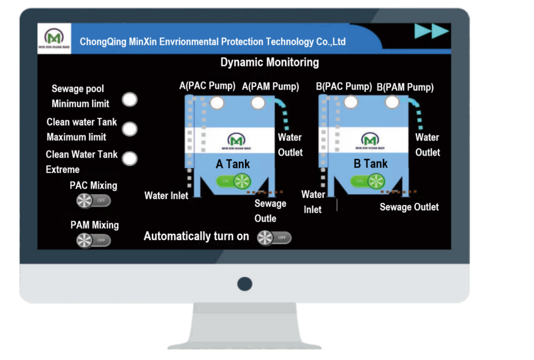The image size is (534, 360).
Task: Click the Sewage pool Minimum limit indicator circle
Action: (x=131, y=99)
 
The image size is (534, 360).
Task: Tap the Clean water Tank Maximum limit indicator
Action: (x=130, y=129)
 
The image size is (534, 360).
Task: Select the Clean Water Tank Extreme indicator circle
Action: (x=130, y=159)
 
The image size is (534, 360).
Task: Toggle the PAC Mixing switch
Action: (x=94, y=201)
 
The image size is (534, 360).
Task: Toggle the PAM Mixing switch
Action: (x=94, y=240)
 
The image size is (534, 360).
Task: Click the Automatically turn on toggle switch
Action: (x=274, y=238)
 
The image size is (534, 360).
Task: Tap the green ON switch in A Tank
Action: (x=233, y=181)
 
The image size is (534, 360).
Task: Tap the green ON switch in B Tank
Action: (x=368, y=181)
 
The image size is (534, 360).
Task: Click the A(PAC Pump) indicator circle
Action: (x=216, y=102)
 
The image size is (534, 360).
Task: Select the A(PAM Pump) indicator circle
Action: (x=258, y=103)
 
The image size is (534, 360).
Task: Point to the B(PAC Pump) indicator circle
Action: (x=351, y=102)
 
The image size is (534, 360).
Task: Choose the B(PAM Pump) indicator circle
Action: (x=391, y=102)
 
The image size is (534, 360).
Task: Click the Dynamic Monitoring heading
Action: (x=270, y=62)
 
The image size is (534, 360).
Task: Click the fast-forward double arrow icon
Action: (x=431, y=32)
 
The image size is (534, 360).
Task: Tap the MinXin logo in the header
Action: (x=54, y=39)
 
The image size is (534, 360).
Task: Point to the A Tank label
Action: (x=233, y=164)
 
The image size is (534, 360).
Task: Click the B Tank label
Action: (x=371, y=164)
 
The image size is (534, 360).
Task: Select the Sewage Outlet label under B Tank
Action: (x=409, y=207)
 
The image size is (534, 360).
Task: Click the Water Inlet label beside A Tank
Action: (x=166, y=196)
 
